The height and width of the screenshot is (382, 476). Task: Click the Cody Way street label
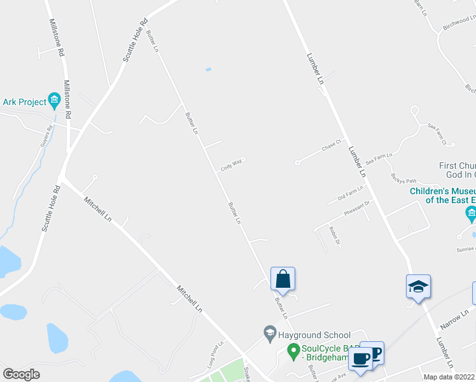pos(232,166)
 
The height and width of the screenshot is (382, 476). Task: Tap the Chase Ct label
pos(332,146)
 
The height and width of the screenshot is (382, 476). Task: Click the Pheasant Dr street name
pos(357,209)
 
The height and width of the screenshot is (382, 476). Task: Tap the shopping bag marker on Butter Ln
pos(283,278)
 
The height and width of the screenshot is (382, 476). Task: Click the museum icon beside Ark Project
pos(54,101)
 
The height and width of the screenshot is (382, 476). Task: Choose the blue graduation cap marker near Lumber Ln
pos(419,286)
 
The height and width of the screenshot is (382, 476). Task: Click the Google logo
pos(22,374)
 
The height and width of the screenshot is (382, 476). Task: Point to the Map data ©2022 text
pos(449,377)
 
